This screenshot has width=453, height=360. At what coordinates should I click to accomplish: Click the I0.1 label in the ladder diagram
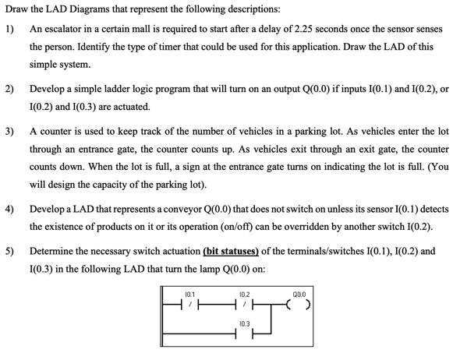tap(189, 295)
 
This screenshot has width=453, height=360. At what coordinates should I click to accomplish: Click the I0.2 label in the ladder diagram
tap(244, 295)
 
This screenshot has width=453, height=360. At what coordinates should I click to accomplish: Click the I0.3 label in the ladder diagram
tap(244, 324)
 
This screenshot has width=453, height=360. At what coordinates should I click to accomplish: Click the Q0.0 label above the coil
tap(299, 295)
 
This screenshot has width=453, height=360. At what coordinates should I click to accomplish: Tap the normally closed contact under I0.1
tap(189, 304)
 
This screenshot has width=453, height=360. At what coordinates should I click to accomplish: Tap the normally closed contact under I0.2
tap(244, 304)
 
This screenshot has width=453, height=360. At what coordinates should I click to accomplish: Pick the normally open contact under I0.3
tap(244, 334)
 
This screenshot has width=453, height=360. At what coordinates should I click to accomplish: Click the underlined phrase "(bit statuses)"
tap(231, 252)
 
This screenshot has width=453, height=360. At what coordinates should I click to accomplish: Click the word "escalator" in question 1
tap(59, 29)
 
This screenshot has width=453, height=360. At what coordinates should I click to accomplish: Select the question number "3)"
tap(9, 132)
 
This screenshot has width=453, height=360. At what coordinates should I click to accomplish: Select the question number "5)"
tap(9, 251)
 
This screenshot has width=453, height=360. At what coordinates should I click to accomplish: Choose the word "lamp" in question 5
tap(212, 270)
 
